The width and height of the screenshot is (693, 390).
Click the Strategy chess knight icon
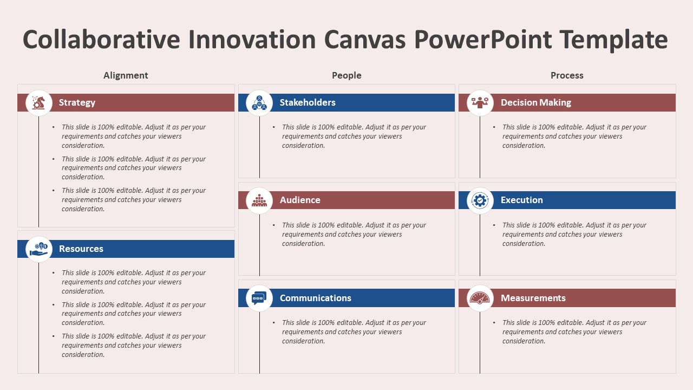[38, 102]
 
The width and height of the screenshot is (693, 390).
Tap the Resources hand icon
[38, 249]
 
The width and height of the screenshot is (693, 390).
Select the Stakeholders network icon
[259, 102]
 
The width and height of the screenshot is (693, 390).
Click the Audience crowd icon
[259, 200]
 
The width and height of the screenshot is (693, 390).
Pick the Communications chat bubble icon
[259, 298]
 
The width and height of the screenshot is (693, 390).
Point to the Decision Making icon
[480, 102]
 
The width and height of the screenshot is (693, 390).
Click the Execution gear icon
[480, 200]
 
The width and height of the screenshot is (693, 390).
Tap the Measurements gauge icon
[480, 298]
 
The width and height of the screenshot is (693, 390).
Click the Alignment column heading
[126, 75]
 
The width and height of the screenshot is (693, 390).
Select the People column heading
[346, 75]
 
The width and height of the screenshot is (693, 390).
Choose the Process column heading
[567, 75]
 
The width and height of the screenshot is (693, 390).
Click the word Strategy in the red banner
[77, 102]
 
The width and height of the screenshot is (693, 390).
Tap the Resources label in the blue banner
[81, 249]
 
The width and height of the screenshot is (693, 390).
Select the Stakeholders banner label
[308, 102]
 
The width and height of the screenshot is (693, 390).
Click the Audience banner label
[300, 200]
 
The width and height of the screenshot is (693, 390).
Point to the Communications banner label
[315, 298]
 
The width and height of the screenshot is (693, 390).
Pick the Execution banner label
[521, 200]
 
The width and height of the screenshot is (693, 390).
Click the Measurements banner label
[533, 298]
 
